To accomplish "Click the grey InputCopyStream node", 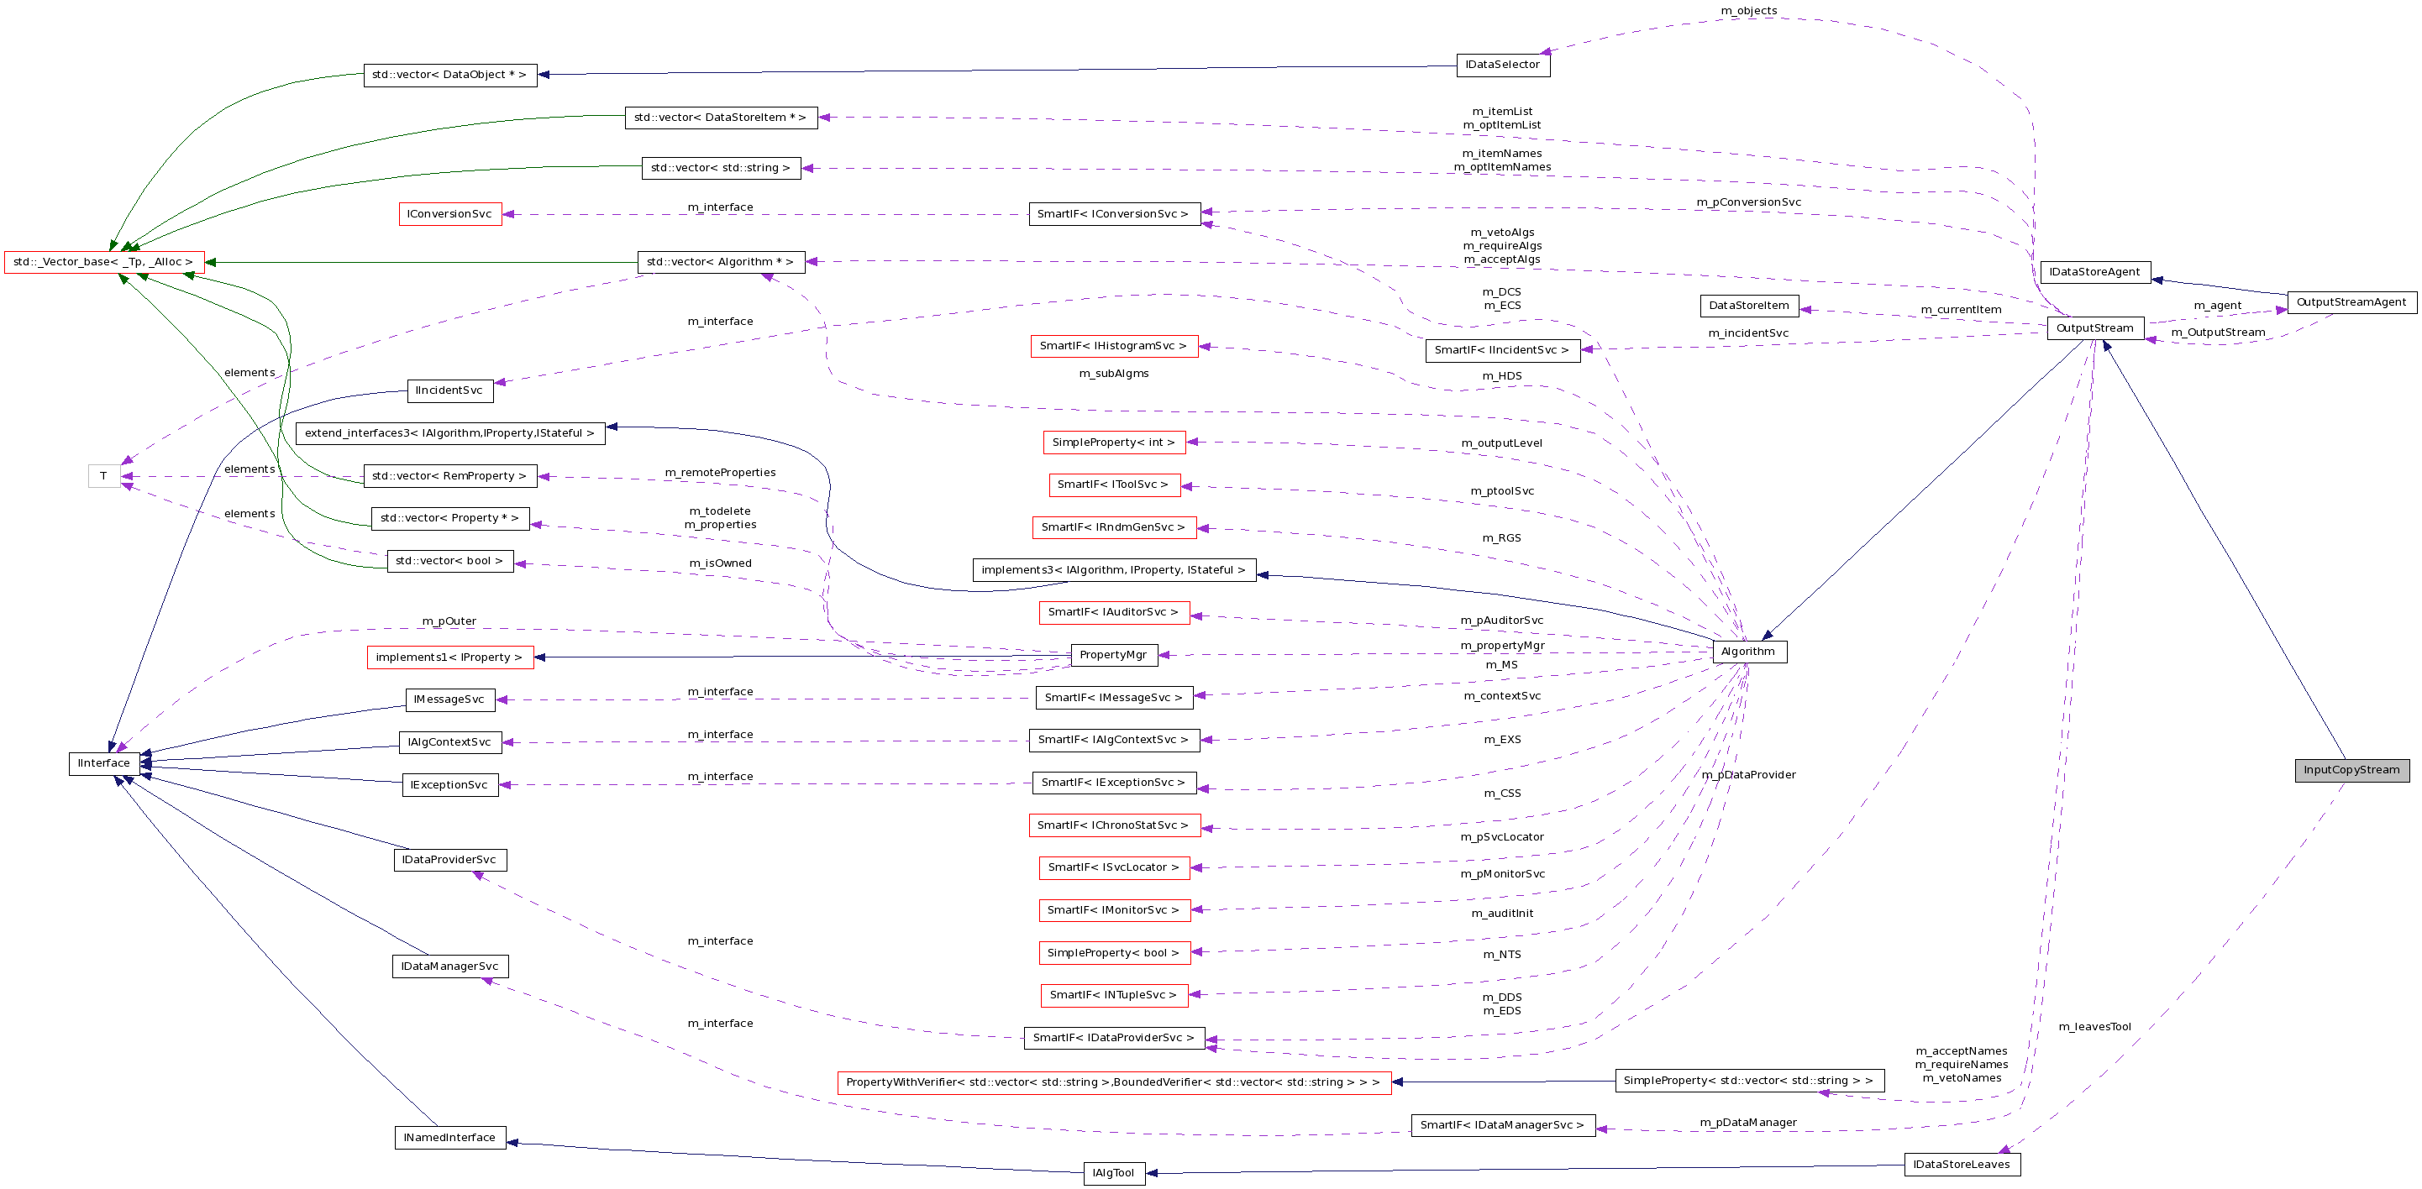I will click(x=2351, y=770).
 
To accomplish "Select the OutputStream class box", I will click(x=2095, y=328).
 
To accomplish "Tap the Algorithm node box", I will click(x=1749, y=652).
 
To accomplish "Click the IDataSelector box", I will click(x=1502, y=65).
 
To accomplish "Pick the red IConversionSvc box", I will click(x=449, y=214).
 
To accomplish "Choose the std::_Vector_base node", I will click(x=103, y=262).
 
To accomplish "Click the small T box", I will click(x=103, y=477).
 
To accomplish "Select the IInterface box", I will click(x=103, y=763).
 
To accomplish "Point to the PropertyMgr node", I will click(x=1113, y=655).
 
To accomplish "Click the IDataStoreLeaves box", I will click(x=1962, y=1165).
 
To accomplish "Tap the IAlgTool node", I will click(x=1113, y=1173).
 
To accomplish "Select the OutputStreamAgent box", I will click(x=2351, y=302).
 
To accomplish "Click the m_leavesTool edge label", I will click(x=2094, y=1027).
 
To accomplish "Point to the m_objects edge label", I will click(x=1749, y=11).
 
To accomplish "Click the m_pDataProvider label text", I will click(x=1749, y=775).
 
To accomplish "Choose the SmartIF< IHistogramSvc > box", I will click(x=1113, y=346).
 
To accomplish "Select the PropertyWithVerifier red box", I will click(x=1113, y=1083).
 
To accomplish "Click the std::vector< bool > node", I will click(x=449, y=561).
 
